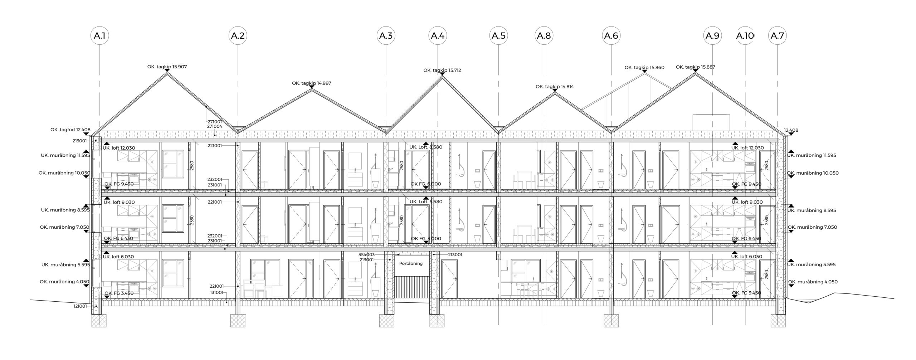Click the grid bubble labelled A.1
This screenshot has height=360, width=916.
(99, 36)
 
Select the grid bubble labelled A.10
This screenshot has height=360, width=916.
(745, 36)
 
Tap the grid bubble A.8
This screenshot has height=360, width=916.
(544, 36)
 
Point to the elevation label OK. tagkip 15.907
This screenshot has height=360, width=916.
(167, 67)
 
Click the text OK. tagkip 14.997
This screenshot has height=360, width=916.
(312, 83)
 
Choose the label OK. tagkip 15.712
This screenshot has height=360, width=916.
(442, 70)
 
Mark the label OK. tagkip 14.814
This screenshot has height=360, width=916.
(555, 87)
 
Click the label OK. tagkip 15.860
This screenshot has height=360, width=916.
(644, 67)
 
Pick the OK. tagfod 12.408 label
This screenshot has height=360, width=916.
(70, 130)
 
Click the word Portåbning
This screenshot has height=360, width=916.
(411, 263)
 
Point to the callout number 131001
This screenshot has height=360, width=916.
(216, 292)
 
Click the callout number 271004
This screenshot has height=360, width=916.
(214, 126)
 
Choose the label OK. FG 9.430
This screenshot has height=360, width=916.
(119, 184)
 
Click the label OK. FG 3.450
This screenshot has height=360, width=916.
(747, 293)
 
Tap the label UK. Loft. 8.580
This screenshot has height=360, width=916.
(426, 147)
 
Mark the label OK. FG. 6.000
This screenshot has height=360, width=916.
(426, 184)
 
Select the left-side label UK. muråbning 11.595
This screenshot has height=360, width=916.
(65, 155)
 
